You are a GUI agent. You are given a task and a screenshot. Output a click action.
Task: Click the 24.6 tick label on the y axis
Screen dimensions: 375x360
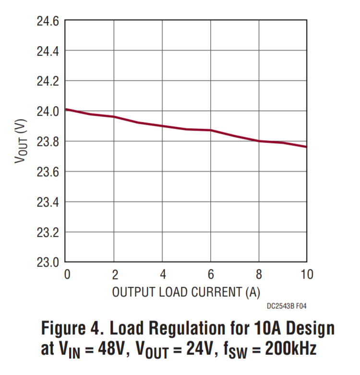pos(48,21)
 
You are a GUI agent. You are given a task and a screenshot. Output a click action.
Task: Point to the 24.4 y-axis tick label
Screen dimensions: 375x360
pos(48,51)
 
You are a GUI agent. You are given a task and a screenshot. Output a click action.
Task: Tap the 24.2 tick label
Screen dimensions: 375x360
pos(48,82)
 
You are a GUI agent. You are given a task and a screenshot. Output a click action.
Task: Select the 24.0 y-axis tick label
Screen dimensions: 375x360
pos(48,112)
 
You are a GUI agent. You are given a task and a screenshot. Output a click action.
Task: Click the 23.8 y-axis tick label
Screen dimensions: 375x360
pos(48,142)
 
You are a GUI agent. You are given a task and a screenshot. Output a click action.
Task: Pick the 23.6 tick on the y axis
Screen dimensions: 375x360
pos(48,172)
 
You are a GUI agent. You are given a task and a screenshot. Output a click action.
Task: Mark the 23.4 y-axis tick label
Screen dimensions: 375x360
pos(48,203)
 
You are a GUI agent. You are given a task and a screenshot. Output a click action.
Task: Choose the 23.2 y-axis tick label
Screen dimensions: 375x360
pos(48,233)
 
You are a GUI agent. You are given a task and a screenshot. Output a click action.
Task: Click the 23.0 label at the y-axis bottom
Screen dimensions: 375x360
pos(48,263)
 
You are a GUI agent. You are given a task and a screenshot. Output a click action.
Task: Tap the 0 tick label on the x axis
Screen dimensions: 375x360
pos(67,275)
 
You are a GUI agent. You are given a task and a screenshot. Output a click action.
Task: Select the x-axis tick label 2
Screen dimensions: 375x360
pos(114,275)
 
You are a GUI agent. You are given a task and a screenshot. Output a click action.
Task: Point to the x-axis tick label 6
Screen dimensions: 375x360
pos(211,275)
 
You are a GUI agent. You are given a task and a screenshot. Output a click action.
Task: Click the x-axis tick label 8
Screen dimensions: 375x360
pos(259,275)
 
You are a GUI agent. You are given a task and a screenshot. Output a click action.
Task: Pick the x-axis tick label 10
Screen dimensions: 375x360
pos(306,275)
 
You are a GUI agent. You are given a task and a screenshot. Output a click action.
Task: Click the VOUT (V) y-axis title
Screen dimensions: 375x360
pos(20,142)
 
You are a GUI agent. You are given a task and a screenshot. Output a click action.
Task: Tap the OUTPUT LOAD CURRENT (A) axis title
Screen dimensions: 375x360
pos(186,292)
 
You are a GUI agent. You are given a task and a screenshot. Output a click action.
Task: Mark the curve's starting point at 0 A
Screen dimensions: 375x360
pos(66,109)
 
